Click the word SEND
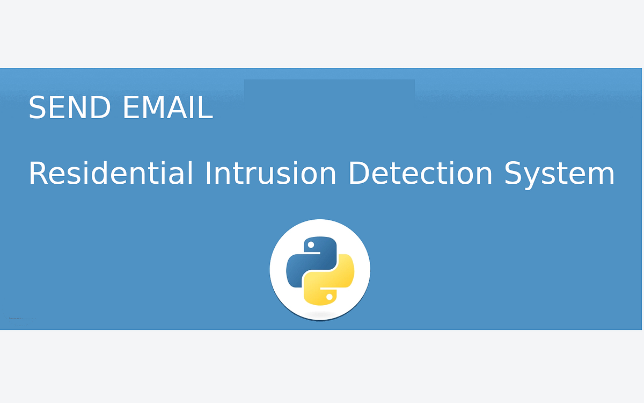(x=69, y=107)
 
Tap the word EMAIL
(x=168, y=107)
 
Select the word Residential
(x=111, y=172)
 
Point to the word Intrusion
(x=270, y=172)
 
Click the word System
(x=559, y=175)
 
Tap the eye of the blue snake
(x=311, y=245)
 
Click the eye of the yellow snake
(x=330, y=297)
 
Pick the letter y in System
(x=535, y=177)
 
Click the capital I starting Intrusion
(x=207, y=172)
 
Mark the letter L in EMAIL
(x=206, y=107)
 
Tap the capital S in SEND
(x=38, y=107)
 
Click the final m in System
(x=601, y=176)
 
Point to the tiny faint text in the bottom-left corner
(x=21, y=318)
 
